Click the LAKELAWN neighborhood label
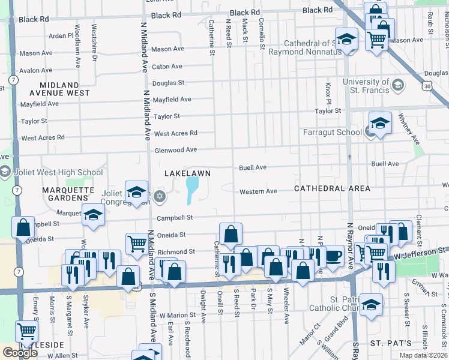[x=188, y=173]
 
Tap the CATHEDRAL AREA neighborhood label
[x=332, y=188]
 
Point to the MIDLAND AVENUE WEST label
[x=62, y=89]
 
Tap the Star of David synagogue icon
[x=159, y=196]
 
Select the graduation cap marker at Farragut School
[x=380, y=123]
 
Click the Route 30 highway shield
[x=426, y=87]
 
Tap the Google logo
[x=20, y=352]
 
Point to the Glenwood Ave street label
[x=175, y=150]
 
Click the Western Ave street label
[x=258, y=191]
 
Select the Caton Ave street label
[x=167, y=67]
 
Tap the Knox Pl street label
[x=328, y=92]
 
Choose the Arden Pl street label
[x=61, y=36]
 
